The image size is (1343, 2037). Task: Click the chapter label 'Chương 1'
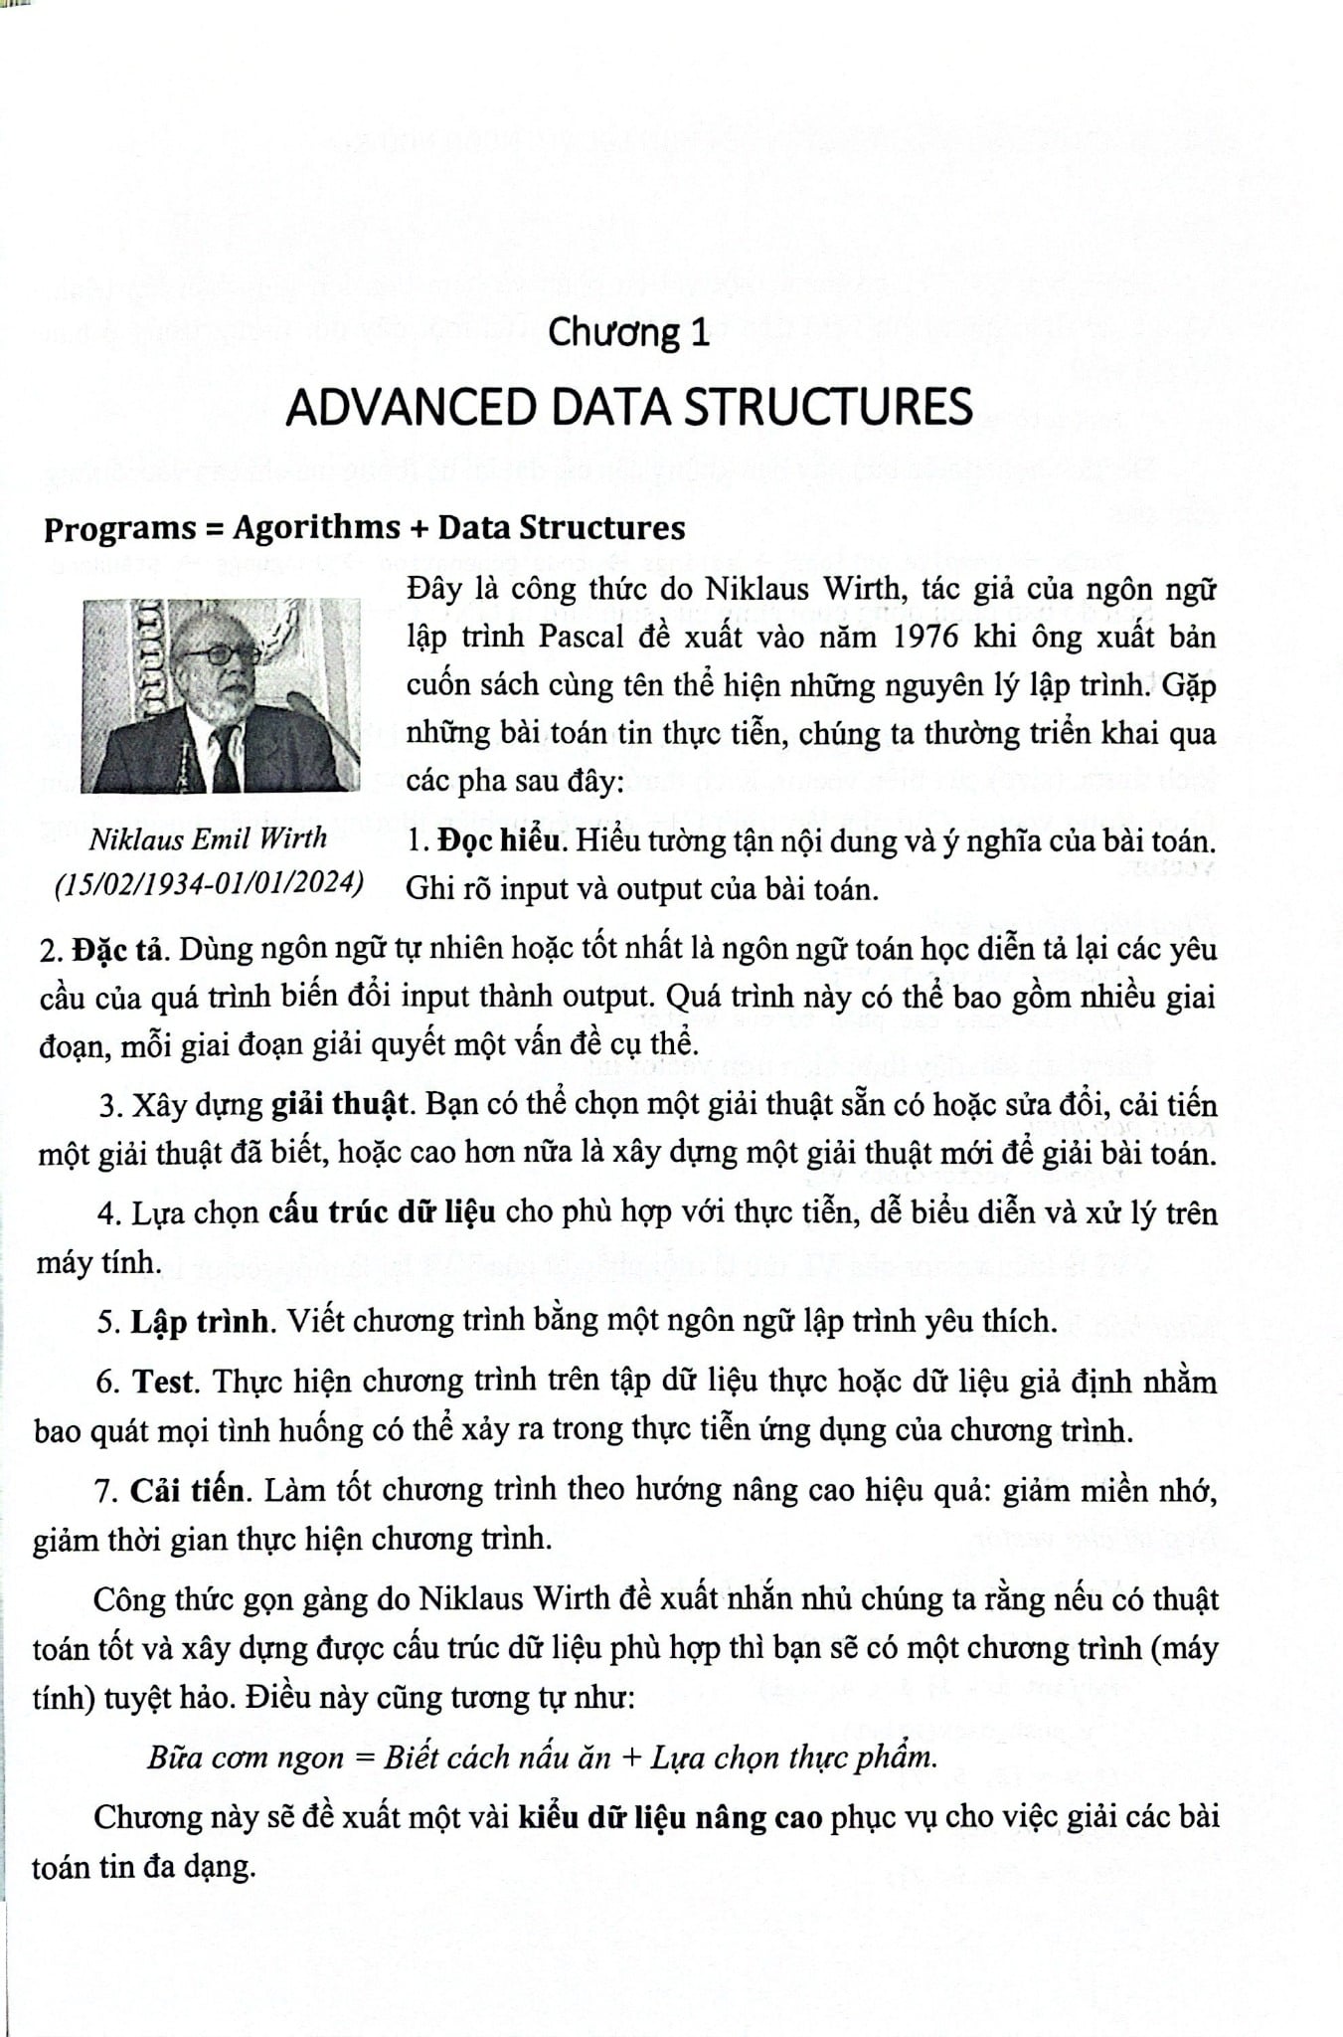click(629, 332)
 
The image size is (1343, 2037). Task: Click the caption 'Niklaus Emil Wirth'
click(208, 838)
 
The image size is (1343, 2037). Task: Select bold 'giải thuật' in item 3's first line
click(340, 1105)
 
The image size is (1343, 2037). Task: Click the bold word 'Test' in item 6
click(166, 1382)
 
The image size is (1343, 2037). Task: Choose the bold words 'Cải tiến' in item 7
click(187, 1490)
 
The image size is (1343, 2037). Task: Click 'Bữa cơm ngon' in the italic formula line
click(246, 1758)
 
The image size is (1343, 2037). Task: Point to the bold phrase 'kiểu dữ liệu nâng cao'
click(670, 1817)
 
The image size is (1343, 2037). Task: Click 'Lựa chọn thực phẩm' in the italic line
click(792, 1758)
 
